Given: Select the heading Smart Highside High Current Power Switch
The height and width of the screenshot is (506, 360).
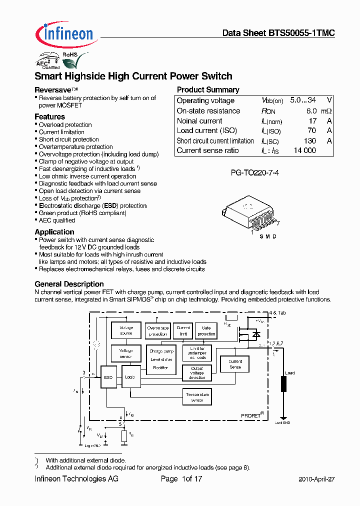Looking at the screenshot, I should point(133,76).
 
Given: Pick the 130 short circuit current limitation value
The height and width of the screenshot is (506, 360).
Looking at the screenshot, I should point(310,141).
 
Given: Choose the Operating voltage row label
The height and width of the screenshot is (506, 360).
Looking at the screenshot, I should point(205,101).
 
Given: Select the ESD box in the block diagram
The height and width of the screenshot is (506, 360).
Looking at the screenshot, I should point(108,377).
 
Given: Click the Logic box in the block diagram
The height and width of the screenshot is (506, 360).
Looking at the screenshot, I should point(130,377).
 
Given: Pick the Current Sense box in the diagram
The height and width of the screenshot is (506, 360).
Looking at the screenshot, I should point(234,364).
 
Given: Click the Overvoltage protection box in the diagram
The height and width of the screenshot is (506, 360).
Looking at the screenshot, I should point(157,331).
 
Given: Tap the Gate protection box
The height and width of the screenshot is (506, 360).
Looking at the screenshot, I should point(206,331).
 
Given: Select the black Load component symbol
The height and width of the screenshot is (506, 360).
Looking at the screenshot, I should point(283,384).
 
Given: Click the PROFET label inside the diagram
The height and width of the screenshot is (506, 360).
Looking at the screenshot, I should point(251,415).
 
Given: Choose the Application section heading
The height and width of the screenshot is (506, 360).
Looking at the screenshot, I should point(54,232).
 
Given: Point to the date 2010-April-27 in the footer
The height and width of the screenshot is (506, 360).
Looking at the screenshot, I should point(316,479).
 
